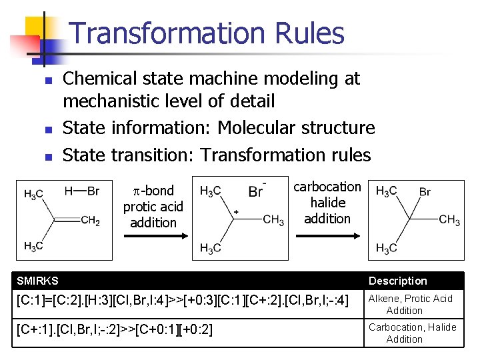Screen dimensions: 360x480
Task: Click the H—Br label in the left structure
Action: (82, 191)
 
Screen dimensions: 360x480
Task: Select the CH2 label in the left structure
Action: (90, 221)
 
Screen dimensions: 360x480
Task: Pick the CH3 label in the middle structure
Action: (273, 220)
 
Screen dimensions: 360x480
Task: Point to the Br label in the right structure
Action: (425, 192)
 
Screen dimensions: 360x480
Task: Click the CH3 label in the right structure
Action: (449, 220)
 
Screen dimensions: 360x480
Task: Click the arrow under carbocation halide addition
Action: (327, 235)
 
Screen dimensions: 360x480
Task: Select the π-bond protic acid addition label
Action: (153, 207)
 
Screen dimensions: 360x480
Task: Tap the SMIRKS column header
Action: (37, 281)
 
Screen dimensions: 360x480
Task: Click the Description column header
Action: (397, 281)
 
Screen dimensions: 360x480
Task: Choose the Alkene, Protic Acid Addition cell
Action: (410, 305)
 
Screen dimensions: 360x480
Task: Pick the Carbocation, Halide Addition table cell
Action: (412, 333)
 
